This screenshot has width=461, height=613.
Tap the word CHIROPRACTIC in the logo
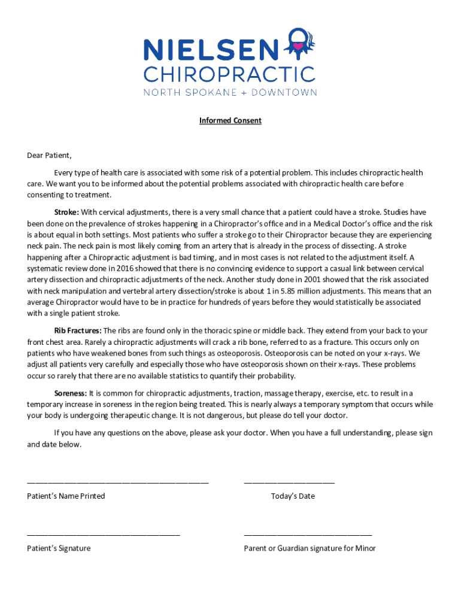coord(229,75)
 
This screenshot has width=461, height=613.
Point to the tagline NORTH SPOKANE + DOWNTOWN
coord(229,93)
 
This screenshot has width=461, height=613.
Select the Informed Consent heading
coord(230,121)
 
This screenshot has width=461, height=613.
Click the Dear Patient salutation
coord(49,156)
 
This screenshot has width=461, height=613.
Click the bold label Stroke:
coord(66,212)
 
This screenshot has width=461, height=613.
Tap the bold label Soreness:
coord(71,393)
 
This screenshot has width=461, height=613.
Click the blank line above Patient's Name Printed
coord(118,482)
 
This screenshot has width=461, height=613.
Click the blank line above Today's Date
coord(289,482)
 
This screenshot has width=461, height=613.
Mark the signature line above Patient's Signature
coord(103,534)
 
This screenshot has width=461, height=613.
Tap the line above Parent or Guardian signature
coord(308,534)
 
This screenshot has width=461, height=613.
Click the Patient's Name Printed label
coord(66,496)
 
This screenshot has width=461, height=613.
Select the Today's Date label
coord(293,496)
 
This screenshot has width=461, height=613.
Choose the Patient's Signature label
coord(59,548)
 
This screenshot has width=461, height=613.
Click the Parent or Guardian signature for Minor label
coord(310,548)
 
